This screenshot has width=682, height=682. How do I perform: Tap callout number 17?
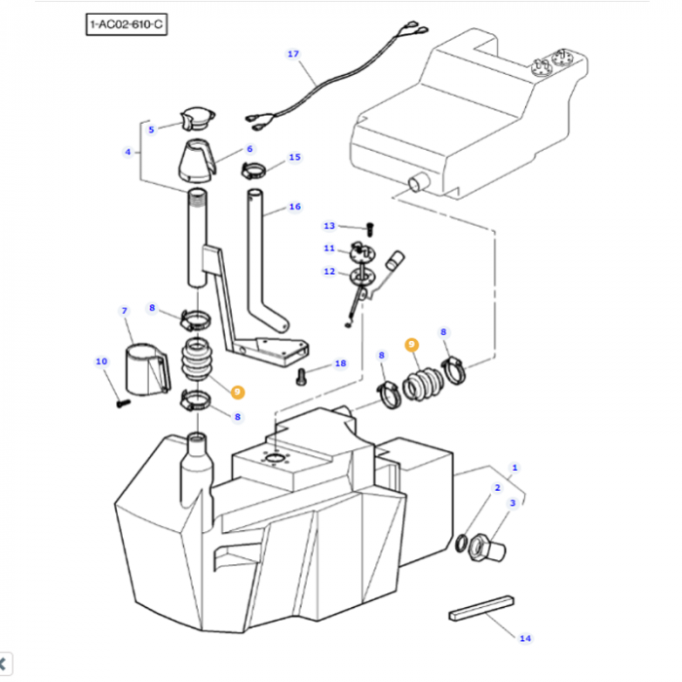click(x=293, y=54)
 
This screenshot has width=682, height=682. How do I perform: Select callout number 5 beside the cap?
click(x=151, y=129)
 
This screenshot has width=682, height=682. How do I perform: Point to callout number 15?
click(x=127, y=152)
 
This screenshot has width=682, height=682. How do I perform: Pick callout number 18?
click(x=339, y=363)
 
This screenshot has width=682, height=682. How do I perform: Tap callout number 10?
click(x=101, y=362)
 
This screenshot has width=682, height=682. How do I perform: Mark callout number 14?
click(x=525, y=638)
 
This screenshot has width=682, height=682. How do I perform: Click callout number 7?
click(x=124, y=311)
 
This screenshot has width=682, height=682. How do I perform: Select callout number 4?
click(x=127, y=152)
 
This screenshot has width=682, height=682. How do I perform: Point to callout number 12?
click(x=328, y=271)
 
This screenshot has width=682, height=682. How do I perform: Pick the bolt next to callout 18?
click(x=303, y=374)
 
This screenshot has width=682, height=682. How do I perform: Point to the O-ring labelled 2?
click(x=462, y=541)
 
